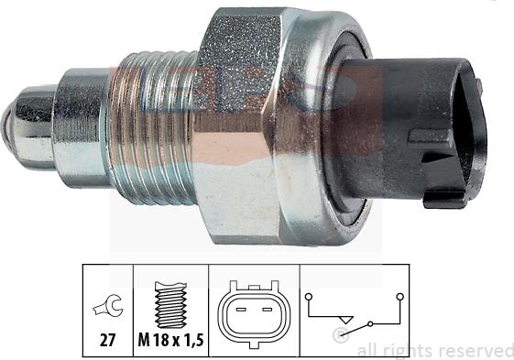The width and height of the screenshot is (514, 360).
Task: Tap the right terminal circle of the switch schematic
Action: click(399, 297)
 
